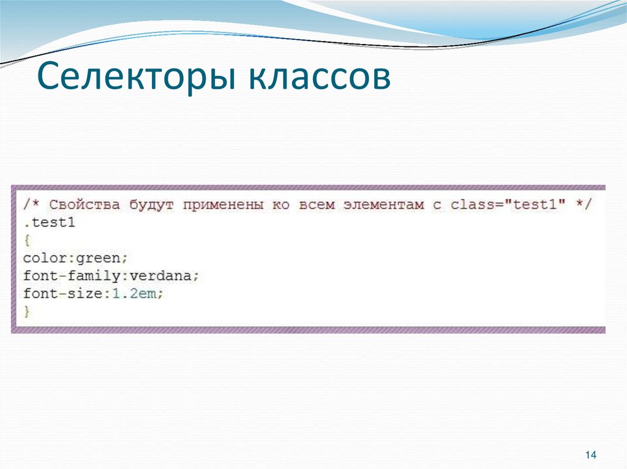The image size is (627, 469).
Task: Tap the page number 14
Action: coord(591,455)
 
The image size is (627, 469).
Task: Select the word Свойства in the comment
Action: coord(84,205)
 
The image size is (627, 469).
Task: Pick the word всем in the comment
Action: coord(317,205)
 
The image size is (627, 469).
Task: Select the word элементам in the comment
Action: coord(385,205)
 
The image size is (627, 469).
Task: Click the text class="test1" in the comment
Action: coord(506,205)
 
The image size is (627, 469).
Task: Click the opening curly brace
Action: coord(26,240)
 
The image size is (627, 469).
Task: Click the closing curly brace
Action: coord(26,311)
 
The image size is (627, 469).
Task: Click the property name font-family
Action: coord(64,276)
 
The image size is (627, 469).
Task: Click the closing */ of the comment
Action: coord(584,205)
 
